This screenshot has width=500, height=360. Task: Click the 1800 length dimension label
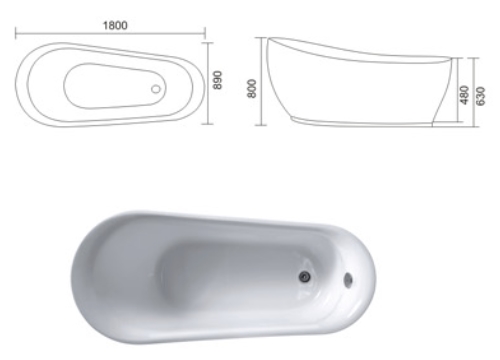115,25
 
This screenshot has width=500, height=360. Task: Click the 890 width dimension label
217,80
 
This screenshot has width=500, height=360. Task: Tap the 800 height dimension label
252,88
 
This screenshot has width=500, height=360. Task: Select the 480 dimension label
464,95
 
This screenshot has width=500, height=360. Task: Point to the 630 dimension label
480,96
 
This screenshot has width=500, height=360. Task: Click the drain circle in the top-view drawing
156,89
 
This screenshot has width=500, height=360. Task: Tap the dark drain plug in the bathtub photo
304,276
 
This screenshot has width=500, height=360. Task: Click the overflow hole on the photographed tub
348,279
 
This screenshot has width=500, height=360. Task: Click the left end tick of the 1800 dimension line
15,34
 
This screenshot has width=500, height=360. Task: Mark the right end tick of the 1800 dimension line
205,34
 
